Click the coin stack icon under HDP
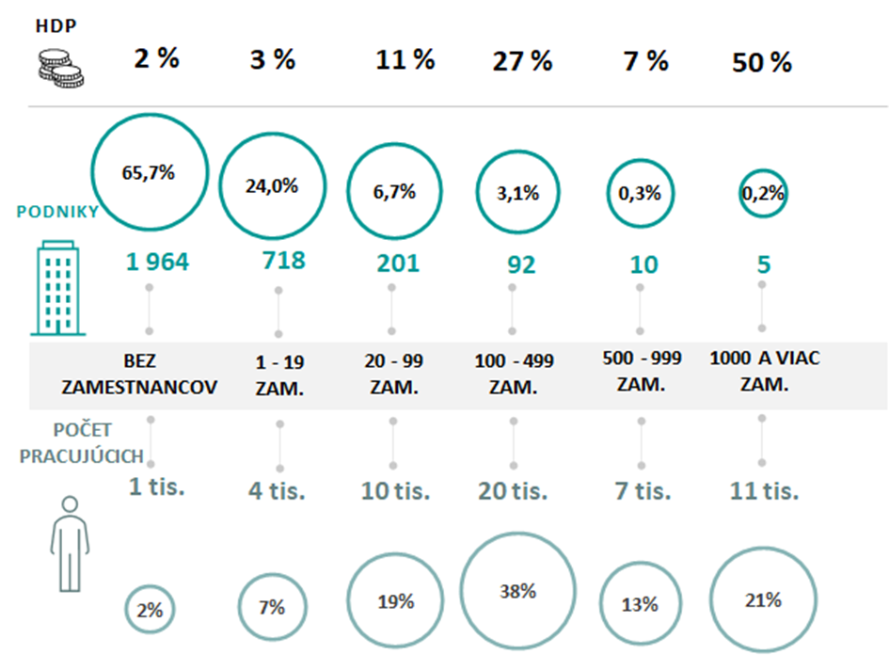tap(58, 69)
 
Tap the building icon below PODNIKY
tap(56, 289)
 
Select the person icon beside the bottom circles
tap(69, 544)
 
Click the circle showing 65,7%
tap(149, 172)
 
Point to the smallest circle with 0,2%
tap(761, 194)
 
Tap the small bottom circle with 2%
tap(150, 609)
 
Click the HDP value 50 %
tap(761, 63)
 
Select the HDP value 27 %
tap(521, 62)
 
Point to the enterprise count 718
tap(283, 260)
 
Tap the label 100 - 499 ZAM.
tap(514, 373)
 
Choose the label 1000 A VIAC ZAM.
tap(763, 371)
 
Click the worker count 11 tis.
tap(763, 490)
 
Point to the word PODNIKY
tap(56, 213)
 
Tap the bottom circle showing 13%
tap(640, 604)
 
